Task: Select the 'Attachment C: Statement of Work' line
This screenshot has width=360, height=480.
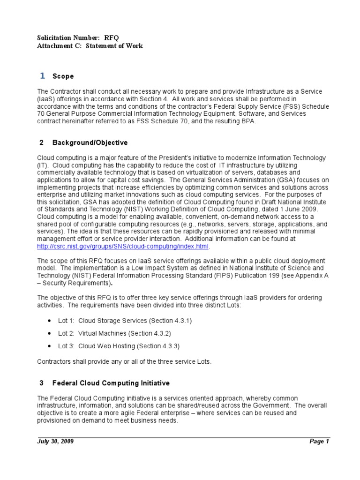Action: pos(90,46)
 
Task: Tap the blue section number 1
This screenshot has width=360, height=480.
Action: pos(42,76)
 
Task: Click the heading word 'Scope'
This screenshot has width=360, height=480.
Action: pos(63,76)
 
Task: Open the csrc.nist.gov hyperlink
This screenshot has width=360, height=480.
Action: pos(124,246)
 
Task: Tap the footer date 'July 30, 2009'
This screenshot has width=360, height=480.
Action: pos(55,442)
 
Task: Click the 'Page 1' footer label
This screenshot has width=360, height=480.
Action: pos(320,442)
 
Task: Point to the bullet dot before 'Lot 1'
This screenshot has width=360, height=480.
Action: pos(50,321)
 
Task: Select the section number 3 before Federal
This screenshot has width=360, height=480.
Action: pos(41,383)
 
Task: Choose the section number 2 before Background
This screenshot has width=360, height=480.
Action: pos(41,142)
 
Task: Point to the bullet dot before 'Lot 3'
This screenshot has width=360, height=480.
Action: pos(50,346)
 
